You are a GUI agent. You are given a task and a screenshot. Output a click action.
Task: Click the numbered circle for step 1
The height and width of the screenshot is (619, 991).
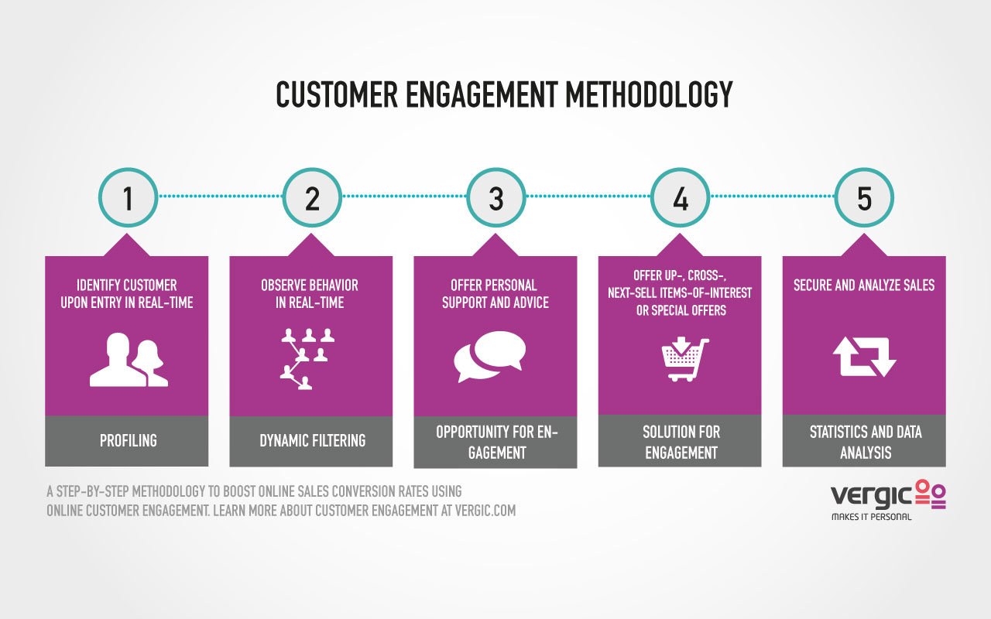pyautogui.click(x=128, y=197)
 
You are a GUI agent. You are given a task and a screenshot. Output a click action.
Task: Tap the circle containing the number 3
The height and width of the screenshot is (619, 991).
pyautogui.click(x=496, y=197)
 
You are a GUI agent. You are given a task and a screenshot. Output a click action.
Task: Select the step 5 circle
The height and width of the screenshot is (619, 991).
pyautogui.click(x=864, y=197)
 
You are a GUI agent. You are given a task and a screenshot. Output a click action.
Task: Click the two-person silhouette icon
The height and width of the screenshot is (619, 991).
pyautogui.click(x=129, y=360)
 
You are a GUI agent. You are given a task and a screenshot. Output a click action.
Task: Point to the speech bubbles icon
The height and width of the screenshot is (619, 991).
pyautogui.click(x=490, y=357)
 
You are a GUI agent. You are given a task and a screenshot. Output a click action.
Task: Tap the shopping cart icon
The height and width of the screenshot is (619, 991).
pyautogui.click(x=685, y=359)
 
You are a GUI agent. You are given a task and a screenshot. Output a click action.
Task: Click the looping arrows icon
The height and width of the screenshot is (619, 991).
pyautogui.click(x=865, y=357)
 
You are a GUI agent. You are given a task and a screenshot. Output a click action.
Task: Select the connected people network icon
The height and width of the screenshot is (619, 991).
pyautogui.click(x=307, y=359)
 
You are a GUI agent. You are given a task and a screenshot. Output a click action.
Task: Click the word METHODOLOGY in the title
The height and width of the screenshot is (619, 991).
pyautogui.click(x=649, y=94)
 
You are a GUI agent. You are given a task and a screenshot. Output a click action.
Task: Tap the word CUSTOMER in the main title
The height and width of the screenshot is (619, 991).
pyautogui.click(x=337, y=94)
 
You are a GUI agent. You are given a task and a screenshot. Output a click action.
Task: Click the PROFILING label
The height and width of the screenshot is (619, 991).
pyautogui.click(x=129, y=440)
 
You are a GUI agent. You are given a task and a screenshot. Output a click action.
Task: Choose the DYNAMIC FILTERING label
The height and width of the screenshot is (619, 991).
pyautogui.click(x=312, y=440)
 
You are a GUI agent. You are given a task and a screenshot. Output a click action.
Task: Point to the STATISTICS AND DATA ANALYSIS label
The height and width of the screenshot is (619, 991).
pyautogui.click(x=866, y=442)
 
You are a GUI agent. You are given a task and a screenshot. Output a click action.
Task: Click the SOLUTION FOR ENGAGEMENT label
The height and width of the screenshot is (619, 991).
pyautogui.click(x=681, y=442)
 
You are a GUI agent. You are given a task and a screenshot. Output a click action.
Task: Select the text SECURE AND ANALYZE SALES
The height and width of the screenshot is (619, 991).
pyautogui.click(x=864, y=286)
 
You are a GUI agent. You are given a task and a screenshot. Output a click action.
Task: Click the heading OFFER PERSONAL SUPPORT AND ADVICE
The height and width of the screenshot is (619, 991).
pyautogui.click(x=495, y=293)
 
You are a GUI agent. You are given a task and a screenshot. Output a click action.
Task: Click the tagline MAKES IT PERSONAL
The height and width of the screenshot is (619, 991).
pyautogui.click(x=872, y=517)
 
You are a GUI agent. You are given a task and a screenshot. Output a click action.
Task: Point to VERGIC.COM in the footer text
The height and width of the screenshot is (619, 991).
pyautogui.click(x=485, y=511)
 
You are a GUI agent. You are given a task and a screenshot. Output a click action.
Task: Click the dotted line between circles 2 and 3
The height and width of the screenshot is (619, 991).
pyautogui.click(x=404, y=196)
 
